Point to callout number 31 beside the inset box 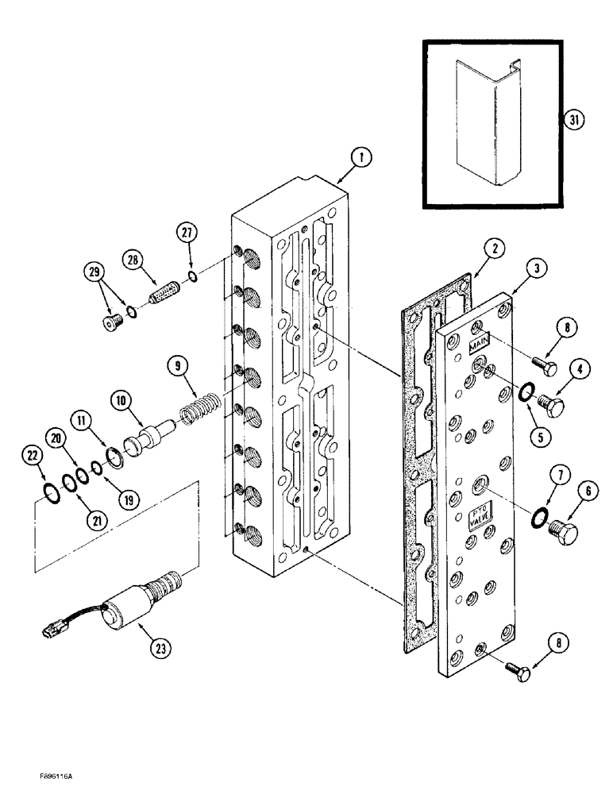573,120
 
